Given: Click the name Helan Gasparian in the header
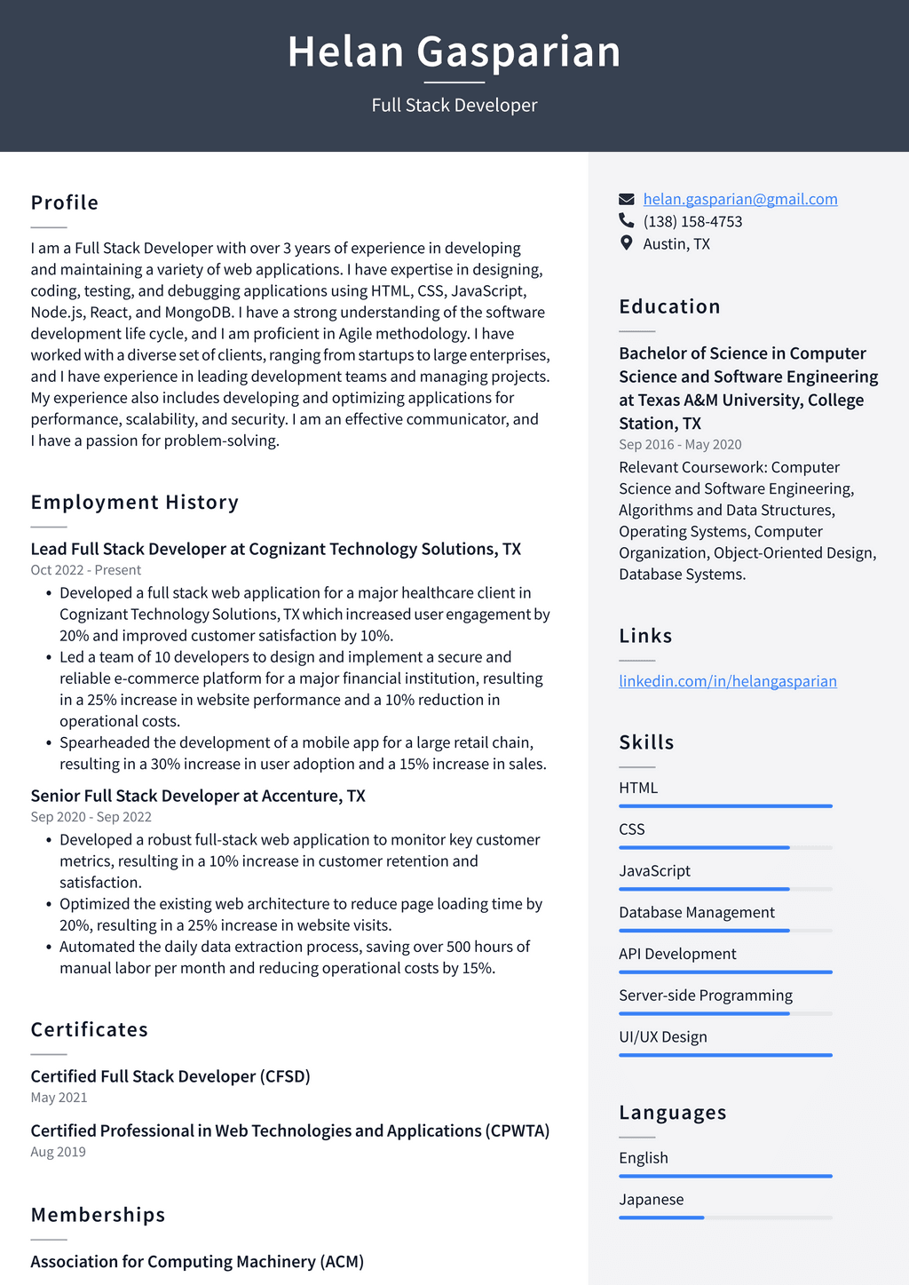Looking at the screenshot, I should (x=454, y=52).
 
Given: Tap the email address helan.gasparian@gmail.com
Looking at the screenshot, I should (x=739, y=199).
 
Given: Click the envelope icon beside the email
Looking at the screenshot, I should (x=627, y=199).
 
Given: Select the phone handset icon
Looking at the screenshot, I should (x=627, y=220).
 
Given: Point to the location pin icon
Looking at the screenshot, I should (x=627, y=242).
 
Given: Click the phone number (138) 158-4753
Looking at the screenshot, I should (x=692, y=221).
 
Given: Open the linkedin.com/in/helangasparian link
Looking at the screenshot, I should (x=727, y=681).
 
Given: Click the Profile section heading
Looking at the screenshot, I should (x=65, y=202).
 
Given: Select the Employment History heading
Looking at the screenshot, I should (x=135, y=503).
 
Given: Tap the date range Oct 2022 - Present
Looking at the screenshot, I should (x=86, y=570).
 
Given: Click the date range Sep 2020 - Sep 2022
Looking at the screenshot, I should (x=91, y=817).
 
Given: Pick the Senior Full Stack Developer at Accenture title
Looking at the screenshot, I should (x=198, y=796).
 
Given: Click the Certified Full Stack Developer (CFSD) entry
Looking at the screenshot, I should (x=170, y=1076).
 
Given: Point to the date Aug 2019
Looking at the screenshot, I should (x=59, y=1152).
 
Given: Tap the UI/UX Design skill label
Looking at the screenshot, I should (x=663, y=1037).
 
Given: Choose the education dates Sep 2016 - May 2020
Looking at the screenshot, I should (x=680, y=445).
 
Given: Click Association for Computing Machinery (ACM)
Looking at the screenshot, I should (x=197, y=1262).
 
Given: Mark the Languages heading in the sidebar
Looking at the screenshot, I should (x=673, y=1113).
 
